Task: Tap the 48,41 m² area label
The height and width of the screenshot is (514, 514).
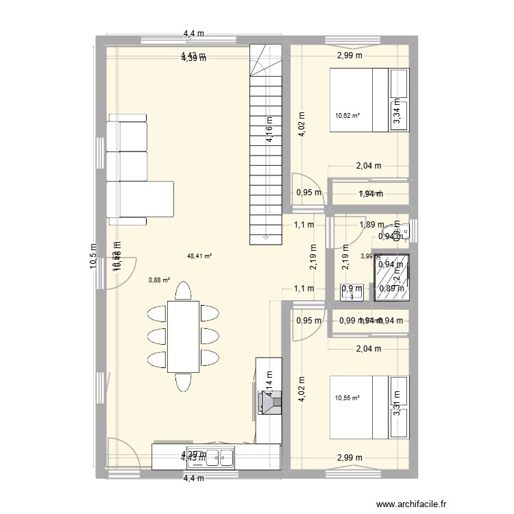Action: point(199,257)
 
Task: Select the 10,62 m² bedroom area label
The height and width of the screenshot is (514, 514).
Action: point(347,116)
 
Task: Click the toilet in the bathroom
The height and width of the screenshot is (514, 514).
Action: point(400,231)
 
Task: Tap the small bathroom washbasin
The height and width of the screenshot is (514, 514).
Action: point(352,293)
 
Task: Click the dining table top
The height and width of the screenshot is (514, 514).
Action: point(183,336)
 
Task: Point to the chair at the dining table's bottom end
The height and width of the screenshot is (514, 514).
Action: point(183,380)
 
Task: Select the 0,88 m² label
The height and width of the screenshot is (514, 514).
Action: point(160,279)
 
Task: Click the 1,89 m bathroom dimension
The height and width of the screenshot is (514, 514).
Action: point(372,224)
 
